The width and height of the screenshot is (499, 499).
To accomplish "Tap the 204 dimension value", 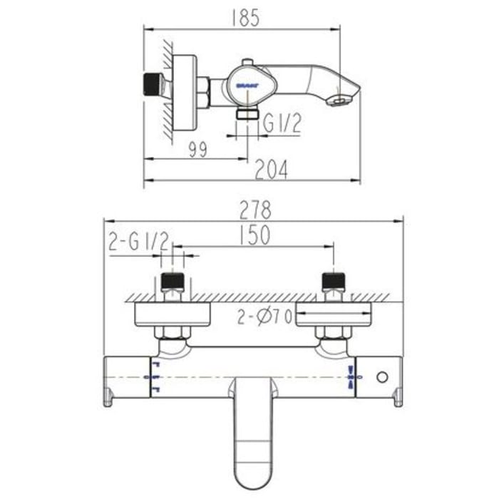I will (272, 169).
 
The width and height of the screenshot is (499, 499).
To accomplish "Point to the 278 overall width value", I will (255, 210).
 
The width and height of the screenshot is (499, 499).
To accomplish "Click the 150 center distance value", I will (254, 236).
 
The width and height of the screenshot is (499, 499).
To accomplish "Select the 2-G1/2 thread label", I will (138, 242).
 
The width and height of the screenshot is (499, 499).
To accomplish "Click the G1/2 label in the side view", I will (282, 124).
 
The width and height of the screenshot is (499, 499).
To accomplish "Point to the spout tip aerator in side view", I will (337, 101).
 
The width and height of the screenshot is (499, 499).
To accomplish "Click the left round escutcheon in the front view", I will (172, 314).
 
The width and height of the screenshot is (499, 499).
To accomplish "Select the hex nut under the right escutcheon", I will (333, 333).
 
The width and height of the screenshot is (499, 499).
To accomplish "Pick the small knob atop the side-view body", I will (246, 63).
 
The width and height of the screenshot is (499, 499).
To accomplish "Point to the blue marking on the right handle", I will (351, 376).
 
